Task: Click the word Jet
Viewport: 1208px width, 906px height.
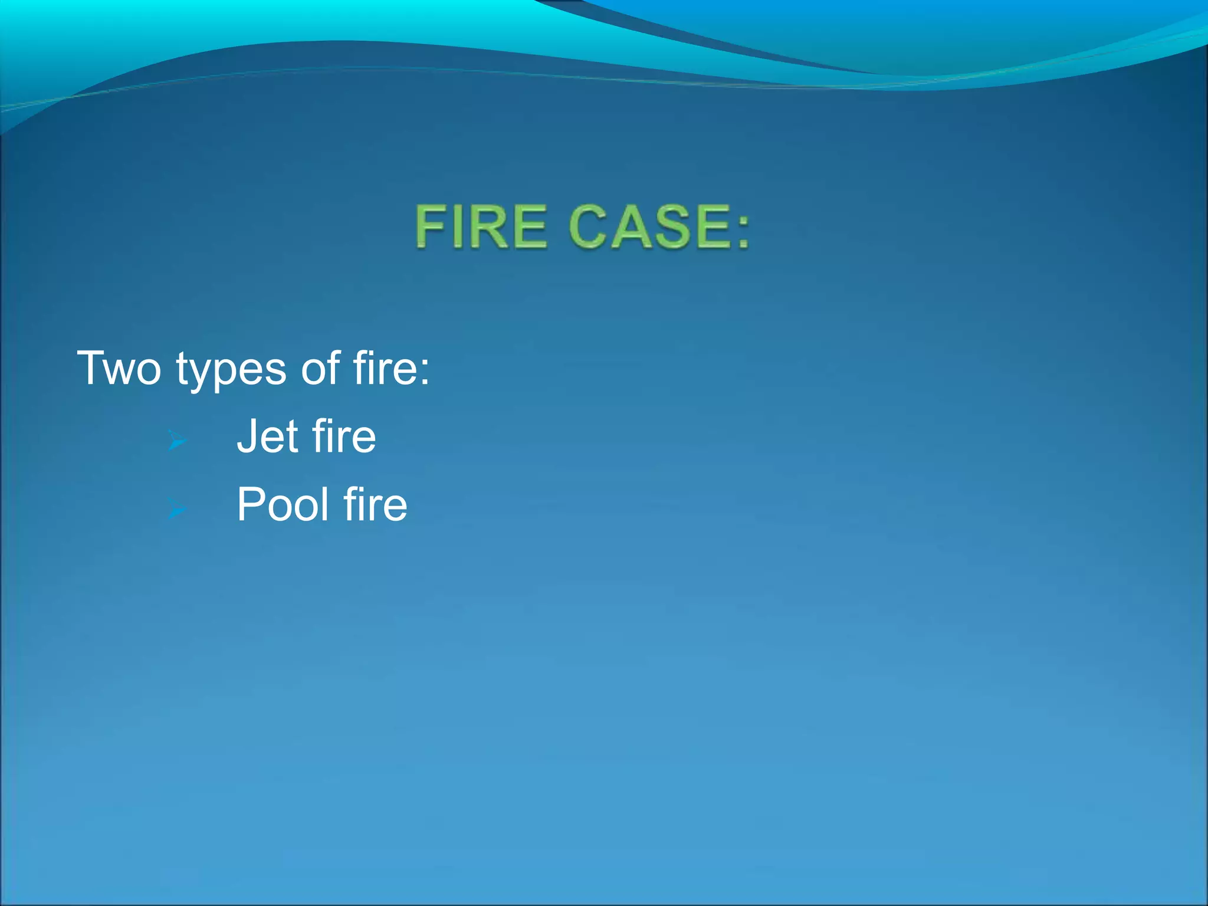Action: point(267,436)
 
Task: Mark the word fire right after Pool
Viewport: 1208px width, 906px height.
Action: point(376,505)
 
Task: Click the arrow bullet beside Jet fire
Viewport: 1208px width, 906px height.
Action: point(177,440)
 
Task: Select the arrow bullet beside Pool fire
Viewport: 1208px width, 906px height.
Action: point(177,508)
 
